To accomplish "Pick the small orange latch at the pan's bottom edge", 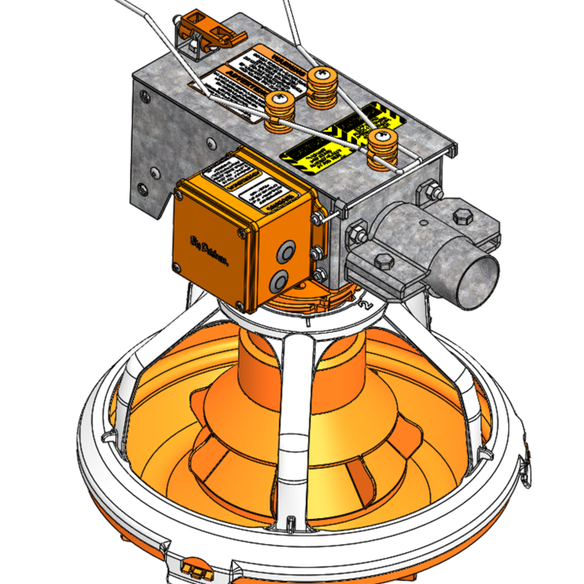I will [197, 570].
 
